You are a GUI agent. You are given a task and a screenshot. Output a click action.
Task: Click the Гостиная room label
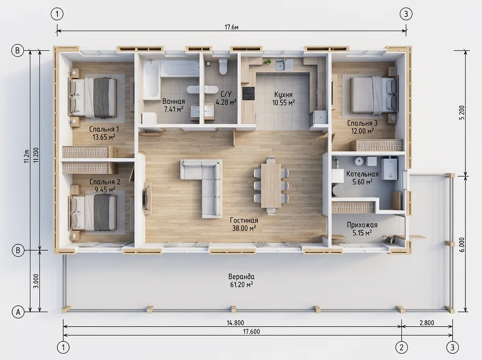pyautogui.click(x=244, y=220)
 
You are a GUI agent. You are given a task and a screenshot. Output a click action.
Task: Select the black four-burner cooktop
pyautogui.click(x=248, y=93)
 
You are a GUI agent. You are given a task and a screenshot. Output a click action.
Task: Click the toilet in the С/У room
pyautogui.click(x=223, y=67)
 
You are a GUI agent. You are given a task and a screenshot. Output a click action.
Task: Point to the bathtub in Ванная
pyautogui.click(x=151, y=80)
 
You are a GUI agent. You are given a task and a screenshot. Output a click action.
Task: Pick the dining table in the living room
pyautogui.click(x=271, y=185)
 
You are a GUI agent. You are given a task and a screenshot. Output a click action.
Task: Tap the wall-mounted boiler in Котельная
pyautogui.click(x=389, y=169)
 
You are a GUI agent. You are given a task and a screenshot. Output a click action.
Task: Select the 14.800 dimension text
pyautogui.click(x=235, y=323)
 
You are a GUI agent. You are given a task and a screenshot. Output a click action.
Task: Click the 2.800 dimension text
pyautogui.click(x=427, y=323)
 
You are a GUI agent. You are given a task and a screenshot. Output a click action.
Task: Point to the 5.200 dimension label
pyautogui.click(x=462, y=112)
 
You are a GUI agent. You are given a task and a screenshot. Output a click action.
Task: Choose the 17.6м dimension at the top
pyautogui.click(x=231, y=27)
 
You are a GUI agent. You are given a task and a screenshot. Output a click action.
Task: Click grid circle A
pyautogui.click(x=18, y=312)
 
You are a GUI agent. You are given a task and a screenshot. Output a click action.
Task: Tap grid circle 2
pyautogui.click(x=402, y=348)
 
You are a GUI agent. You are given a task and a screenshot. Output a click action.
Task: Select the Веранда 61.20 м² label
pyautogui.click(x=241, y=280)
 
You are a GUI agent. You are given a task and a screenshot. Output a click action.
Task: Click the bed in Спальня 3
pyautogui.click(x=374, y=96)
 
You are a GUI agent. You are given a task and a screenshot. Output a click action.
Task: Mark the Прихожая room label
pyautogui.click(x=362, y=225)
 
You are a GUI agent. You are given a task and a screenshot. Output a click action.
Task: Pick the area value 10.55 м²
pyautogui.click(x=283, y=102)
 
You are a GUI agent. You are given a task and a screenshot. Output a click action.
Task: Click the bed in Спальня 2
pyautogui.click(x=93, y=213)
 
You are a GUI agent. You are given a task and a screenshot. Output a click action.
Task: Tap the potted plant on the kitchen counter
pyautogui.click(x=267, y=62)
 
